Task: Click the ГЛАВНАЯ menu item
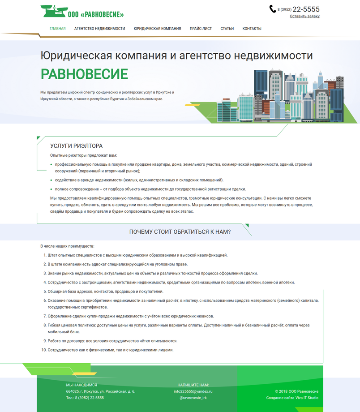(x=58, y=29)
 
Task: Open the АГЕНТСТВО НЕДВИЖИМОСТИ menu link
(x=99, y=29)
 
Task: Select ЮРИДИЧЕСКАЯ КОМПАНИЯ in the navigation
(x=157, y=29)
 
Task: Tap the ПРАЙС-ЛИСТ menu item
(x=201, y=29)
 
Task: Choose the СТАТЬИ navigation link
(x=227, y=29)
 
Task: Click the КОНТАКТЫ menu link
(x=252, y=29)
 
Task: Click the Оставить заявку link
(x=304, y=16)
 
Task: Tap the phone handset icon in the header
(x=273, y=9)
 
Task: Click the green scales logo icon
(x=53, y=11)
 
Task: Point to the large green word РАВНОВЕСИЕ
(x=84, y=74)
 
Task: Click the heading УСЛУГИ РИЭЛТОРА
(x=76, y=146)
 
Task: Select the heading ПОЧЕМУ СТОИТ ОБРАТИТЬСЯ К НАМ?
(x=180, y=232)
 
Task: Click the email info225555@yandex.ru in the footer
(x=193, y=391)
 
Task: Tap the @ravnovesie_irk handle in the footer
(x=193, y=398)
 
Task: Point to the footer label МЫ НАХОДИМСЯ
(x=81, y=385)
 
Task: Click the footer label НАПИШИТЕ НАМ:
(x=193, y=385)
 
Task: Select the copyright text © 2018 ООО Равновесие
(x=296, y=391)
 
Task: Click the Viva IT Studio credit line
(x=292, y=398)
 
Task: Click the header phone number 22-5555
(x=306, y=9)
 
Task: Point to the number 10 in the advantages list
(x=44, y=350)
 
